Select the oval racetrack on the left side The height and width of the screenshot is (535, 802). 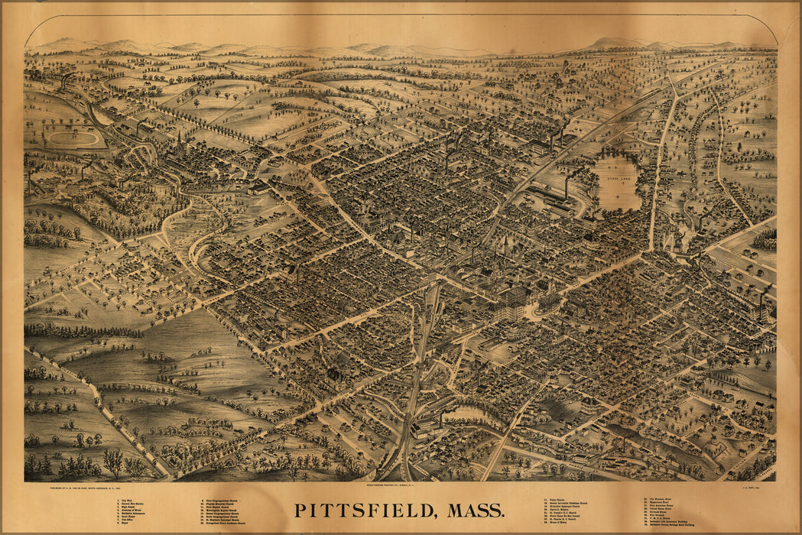pos(74,138)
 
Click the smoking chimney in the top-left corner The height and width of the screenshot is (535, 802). pos(65,76)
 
